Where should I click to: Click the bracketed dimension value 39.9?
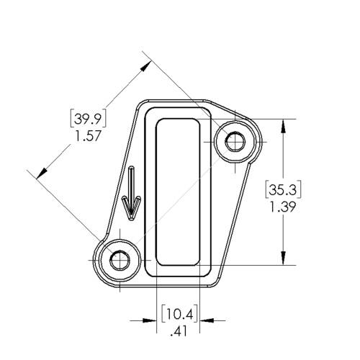point(88,118)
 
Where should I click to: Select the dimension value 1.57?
point(88,135)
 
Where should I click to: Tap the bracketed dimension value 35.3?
point(283,189)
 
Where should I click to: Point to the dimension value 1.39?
point(283,207)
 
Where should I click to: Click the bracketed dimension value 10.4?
point(180,314)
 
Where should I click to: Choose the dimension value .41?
point(179,331)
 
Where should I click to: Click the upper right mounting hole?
point(235,142)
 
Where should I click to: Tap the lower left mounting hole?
point(120,260)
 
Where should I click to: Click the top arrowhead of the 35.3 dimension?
point(284,126)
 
